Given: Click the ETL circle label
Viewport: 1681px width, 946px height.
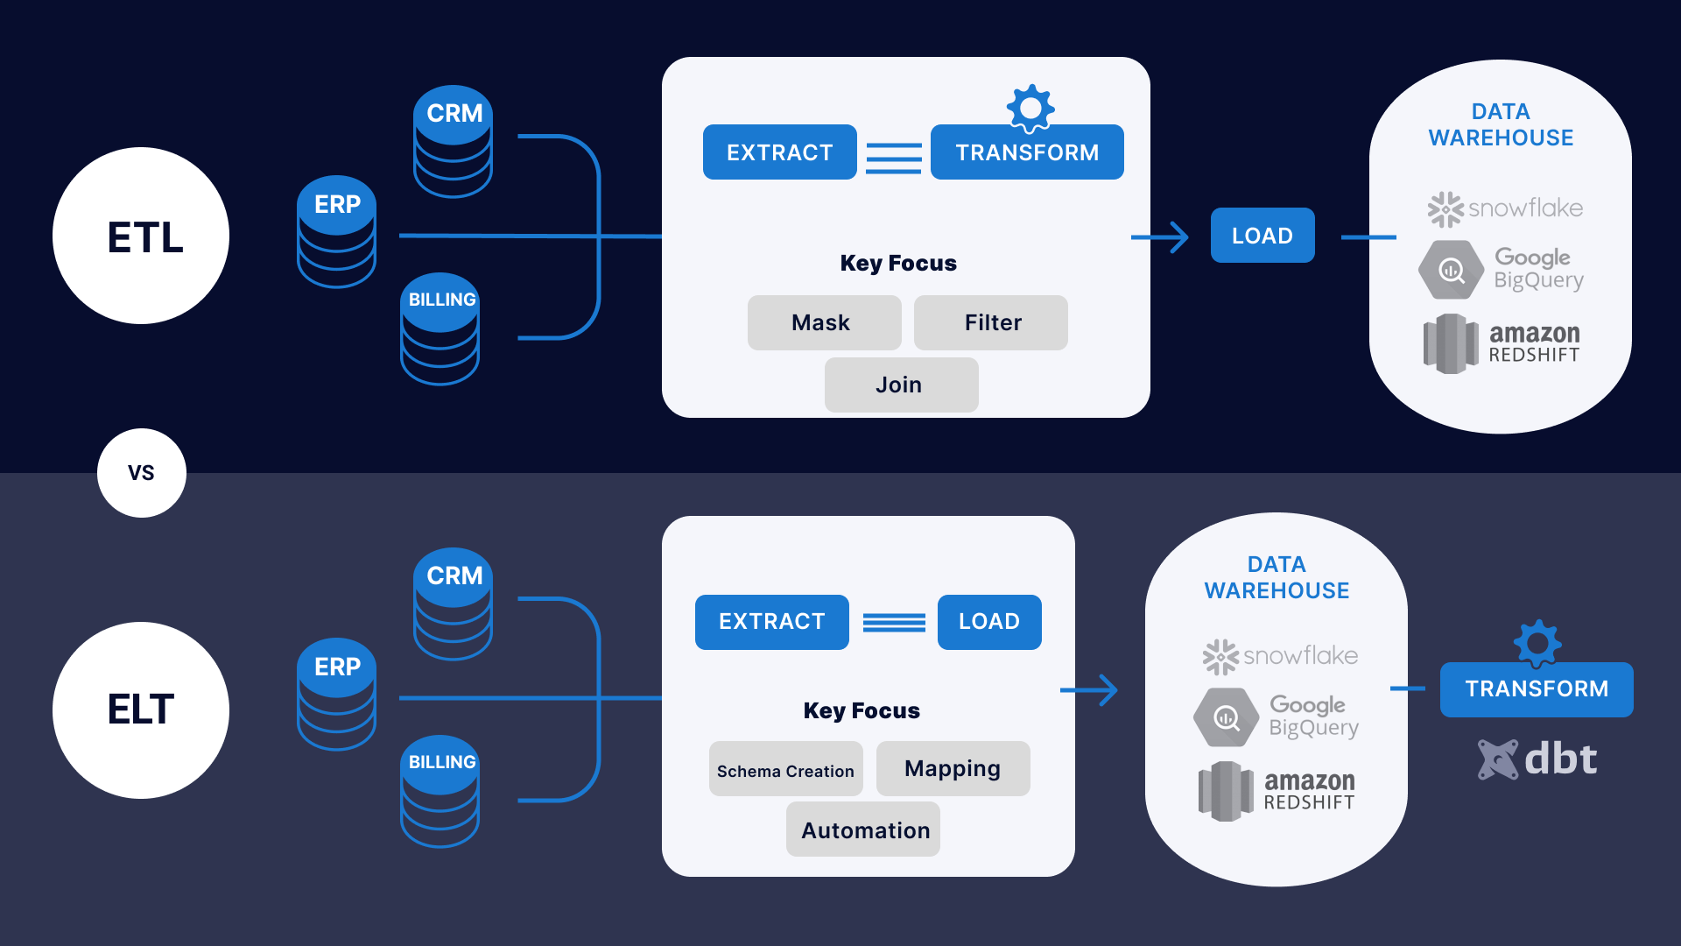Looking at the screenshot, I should point(141,236).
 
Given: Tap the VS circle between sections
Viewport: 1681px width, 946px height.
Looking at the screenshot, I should point(141,473).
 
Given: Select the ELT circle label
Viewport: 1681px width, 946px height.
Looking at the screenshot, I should point(141,709).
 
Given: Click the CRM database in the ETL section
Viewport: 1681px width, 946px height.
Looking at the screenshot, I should point(453,140).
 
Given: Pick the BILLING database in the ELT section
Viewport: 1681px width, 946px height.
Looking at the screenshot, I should point(440,790).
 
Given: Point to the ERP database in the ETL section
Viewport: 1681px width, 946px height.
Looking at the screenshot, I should point(337,231).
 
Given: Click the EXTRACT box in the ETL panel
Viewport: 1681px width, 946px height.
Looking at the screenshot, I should point(779,152).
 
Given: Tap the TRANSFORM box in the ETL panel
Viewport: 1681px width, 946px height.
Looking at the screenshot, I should point(1027,152).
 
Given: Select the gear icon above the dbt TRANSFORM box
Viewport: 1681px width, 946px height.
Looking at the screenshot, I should point(1537,645).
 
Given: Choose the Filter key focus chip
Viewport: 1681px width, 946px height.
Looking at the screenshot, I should point(991,322).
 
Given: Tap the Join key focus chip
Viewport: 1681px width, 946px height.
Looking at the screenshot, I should point(901,385).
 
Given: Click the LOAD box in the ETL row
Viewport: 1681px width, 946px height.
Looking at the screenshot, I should point(1262,236).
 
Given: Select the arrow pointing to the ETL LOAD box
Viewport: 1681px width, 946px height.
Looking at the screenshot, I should point(1161,236).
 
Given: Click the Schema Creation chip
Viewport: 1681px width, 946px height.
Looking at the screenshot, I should point(785,770).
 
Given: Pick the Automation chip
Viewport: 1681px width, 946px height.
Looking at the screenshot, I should point(864,830).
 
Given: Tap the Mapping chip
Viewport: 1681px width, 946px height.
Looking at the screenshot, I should point(953,768).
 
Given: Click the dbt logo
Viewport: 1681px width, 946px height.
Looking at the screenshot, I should point(1537,759).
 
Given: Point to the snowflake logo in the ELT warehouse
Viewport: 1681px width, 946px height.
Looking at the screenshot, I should point(1280,656).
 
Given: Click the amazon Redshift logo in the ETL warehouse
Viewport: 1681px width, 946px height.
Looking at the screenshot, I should point(1502,343).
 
